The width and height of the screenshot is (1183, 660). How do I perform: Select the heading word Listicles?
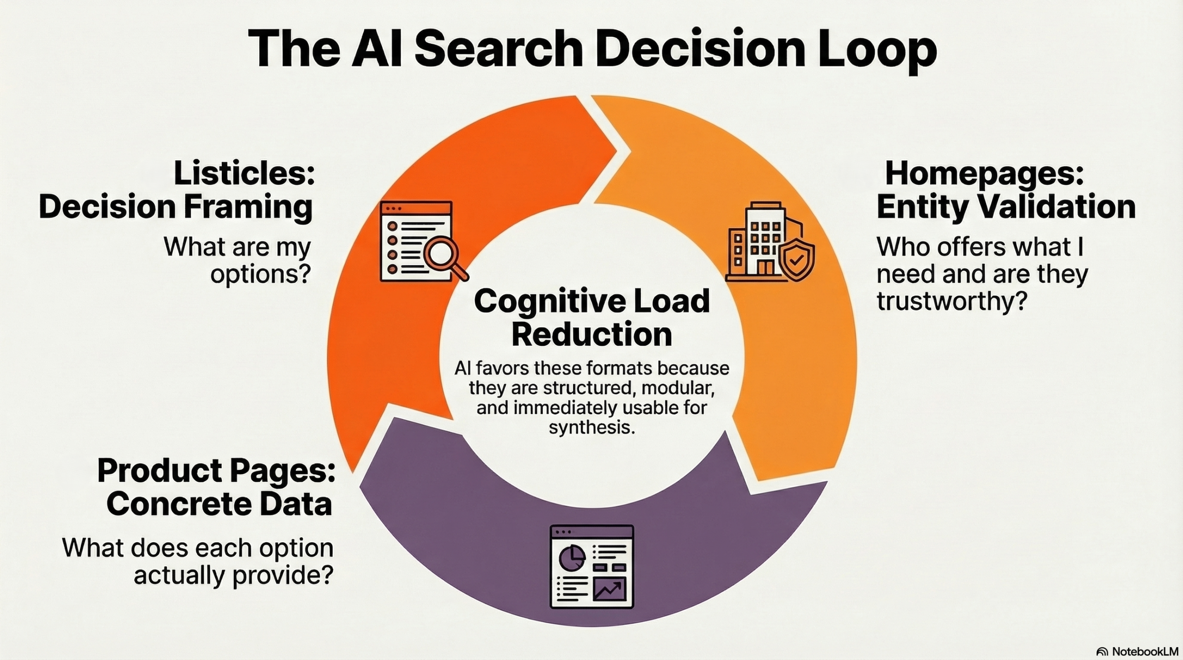click(x=244, y=174)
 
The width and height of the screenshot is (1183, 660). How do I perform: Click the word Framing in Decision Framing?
click(x=249, y=207)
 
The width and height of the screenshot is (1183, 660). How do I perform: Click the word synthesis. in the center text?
click(x=591, y=427)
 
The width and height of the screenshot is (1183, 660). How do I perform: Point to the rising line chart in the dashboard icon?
click(x=609, y=589)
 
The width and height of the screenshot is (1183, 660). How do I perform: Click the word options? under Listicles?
click(x=260, y=274)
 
